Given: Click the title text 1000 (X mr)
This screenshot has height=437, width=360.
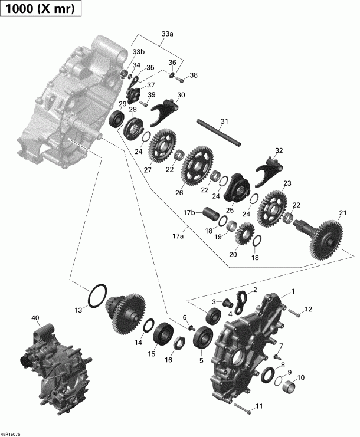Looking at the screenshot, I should click(40, 10).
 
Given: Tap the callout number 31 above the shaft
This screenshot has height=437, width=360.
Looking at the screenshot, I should click(223, 122).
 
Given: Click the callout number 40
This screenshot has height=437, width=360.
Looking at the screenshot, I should click(35, 318).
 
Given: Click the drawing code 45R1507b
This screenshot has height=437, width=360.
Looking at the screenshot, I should click(11, 433).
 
